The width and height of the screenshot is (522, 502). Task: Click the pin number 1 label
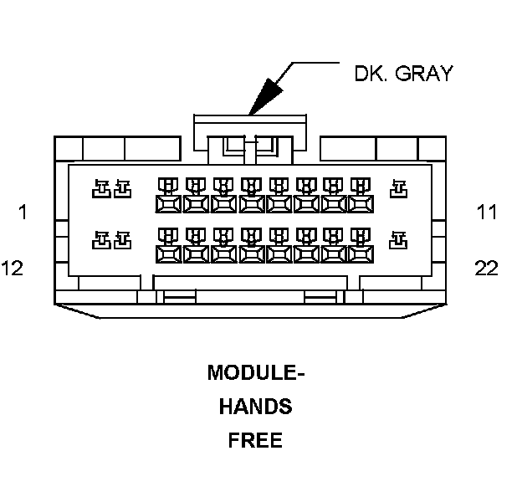click(23, 213)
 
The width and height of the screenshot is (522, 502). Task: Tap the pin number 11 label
click(487, 213)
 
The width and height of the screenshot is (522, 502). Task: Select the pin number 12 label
click(13, 268)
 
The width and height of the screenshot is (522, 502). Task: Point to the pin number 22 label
click(486, 268)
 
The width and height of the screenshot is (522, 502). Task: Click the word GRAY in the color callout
click(424, 74)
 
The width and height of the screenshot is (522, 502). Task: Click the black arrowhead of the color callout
click(265, 96)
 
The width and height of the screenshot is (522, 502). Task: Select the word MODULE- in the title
click(256, 372)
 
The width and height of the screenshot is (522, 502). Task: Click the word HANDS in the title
click(256, 407)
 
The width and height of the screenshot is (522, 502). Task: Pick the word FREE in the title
click(255, 440)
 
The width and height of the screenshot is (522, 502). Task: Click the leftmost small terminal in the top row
click(101, 189)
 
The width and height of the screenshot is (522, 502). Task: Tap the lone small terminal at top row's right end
click(398, 189)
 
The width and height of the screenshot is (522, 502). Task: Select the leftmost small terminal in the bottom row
click(101, 240)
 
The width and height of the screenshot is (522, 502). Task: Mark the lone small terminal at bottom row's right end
click(398, 240)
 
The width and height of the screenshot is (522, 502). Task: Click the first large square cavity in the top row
click(168, 204)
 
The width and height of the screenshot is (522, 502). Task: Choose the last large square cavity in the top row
click(361, 204)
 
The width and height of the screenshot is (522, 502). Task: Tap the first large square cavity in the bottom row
click(168, 254)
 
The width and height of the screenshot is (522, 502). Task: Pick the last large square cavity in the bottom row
click(361, 254)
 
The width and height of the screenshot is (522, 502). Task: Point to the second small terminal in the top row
click(123, 189)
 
